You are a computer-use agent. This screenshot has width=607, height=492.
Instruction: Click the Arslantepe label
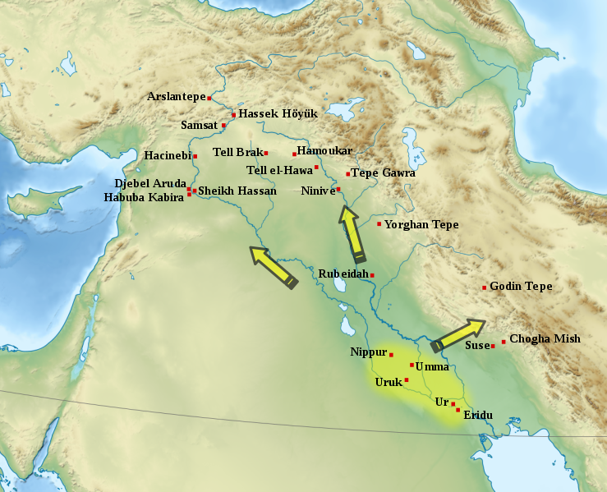(x=176, y=97)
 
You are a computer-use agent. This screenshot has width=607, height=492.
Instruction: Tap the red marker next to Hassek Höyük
(x=234, y=115)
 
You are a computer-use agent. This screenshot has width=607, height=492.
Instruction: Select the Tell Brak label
(x=237, y=152)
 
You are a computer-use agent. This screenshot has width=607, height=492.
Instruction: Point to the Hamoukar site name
(x=324, y=151)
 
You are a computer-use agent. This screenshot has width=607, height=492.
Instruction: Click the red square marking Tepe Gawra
(x=348, y=174)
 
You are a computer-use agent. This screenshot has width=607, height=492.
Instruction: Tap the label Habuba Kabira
(x=143, y=198)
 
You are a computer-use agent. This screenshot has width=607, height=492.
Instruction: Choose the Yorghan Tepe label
(x=421, y=225)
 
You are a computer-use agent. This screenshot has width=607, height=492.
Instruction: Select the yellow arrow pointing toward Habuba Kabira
(x=273, y=266)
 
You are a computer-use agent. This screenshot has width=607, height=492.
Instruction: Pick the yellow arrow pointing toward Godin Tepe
(x=458, y=335)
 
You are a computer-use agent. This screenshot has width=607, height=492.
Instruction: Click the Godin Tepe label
(x=521, y=287)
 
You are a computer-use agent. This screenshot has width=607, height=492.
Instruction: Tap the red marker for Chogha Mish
(x=504, y=342)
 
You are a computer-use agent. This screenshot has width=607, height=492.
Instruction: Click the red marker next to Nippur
(x=391, y=354)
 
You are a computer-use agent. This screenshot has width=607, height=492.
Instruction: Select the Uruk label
(x=388, y=382)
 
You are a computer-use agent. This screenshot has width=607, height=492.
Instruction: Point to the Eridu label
(x=478, y=416)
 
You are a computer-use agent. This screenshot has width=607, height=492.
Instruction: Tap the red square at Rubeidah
(x=372, y=274)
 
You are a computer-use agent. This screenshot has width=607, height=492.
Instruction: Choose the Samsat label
(x=200, y=126)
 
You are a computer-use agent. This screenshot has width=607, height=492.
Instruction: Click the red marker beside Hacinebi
(x=195, y=156)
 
